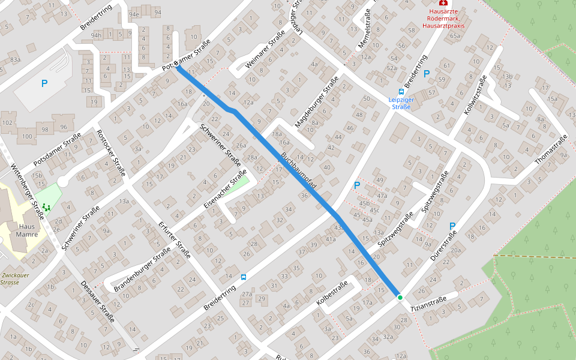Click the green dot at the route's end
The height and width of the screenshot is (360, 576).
coord(400,297)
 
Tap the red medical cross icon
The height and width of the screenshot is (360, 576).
coord(443,3)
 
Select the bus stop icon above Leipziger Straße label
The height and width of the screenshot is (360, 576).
coord(401,92)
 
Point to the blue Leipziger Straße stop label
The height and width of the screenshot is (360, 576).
coord(401,103)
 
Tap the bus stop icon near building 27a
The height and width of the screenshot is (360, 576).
coord(243,277)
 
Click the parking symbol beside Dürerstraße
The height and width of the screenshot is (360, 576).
coord(452,226)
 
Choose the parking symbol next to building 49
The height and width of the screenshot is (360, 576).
coord(357,186)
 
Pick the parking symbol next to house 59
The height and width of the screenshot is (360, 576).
coord(427,74)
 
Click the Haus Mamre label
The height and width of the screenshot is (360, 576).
coord(28,230)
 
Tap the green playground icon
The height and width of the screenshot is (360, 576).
coord(46,206)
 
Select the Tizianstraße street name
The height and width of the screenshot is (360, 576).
coord(428,304)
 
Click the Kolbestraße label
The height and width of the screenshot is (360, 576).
coord(332,295)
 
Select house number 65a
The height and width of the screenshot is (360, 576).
coord(455,36)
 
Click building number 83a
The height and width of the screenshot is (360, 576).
coord(14,60)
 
